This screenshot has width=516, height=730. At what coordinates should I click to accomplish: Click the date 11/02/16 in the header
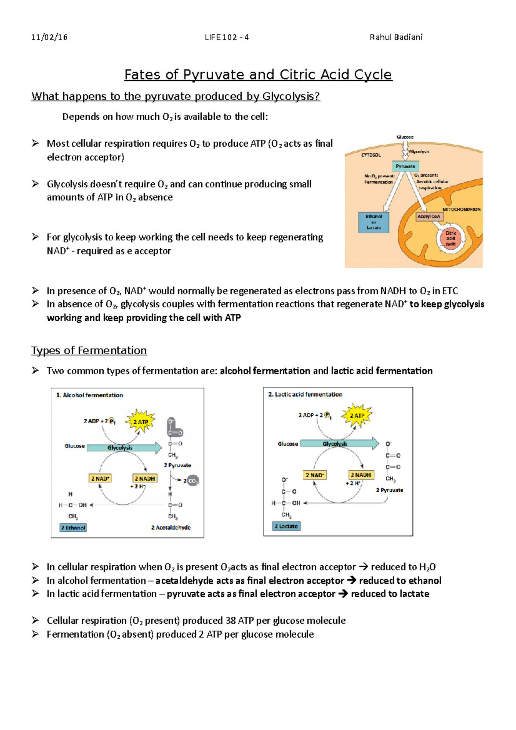(x=49, y=37)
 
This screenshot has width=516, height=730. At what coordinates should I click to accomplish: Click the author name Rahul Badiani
(x=396, y=37)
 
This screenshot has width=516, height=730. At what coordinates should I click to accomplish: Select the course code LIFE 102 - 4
(x=227, y=37)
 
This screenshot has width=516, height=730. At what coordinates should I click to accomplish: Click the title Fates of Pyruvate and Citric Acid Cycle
(x=258, y=75)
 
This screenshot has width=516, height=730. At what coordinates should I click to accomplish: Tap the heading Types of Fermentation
(x=89, y=350)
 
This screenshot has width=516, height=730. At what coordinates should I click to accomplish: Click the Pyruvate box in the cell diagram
(x=405, y=166)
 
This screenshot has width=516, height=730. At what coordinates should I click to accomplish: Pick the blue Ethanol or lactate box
(x=374, y=222)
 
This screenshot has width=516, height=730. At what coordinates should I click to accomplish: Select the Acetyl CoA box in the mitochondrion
(x=429, y=216)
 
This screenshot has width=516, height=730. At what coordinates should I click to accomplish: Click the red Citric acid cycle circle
(x=450, y=238)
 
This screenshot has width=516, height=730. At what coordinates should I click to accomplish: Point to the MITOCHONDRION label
(x=461, y=209)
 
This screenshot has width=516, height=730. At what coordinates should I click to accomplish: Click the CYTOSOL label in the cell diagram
(x=371, y=155)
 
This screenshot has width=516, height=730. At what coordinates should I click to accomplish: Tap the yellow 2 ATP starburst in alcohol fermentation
(x=140, y=421)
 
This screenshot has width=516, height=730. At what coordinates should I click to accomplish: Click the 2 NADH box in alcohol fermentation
(x=145, y=478)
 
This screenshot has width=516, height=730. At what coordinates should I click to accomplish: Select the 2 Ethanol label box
(x=73, y=528)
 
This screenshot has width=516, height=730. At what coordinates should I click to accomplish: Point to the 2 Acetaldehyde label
(x=171, y=528)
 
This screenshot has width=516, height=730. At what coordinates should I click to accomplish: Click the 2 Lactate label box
(x=286, y=526)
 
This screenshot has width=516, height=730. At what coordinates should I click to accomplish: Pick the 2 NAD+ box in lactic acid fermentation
(x=315, y=475)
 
